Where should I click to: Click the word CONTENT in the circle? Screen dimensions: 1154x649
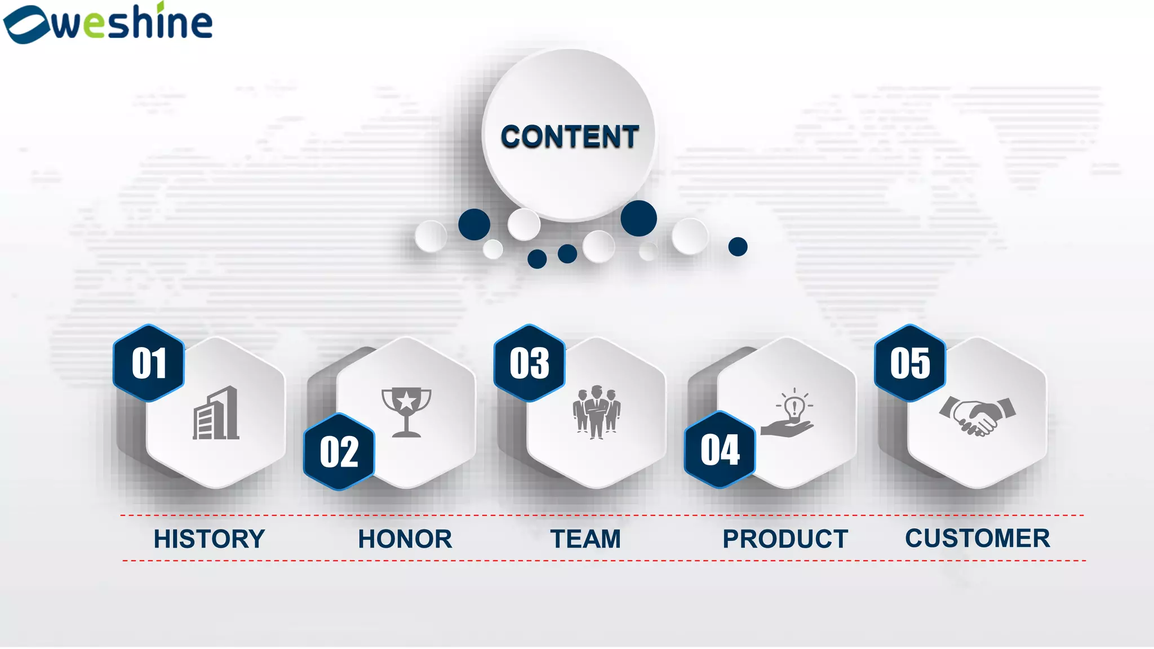(570, 137)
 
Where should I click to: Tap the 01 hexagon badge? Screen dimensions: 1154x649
(149, 363)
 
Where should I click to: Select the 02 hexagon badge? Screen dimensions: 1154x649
(339, 452)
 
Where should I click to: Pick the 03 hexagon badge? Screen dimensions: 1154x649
(529, 363)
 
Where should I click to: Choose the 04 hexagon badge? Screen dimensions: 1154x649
(720, 450)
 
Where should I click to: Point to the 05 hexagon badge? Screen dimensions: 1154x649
(909, 363)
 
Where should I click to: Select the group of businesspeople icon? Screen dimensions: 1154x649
(596, 412)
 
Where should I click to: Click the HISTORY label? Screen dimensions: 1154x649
(209, 539)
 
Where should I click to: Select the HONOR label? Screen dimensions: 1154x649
(405, 539)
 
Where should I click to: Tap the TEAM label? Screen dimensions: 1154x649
(585, 539)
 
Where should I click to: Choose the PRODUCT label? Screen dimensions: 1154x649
(785, 539)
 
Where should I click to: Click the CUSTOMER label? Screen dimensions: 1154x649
(978, 538)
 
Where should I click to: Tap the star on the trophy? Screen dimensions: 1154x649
(406, 401)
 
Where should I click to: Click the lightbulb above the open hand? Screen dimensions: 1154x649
(795, 406)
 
